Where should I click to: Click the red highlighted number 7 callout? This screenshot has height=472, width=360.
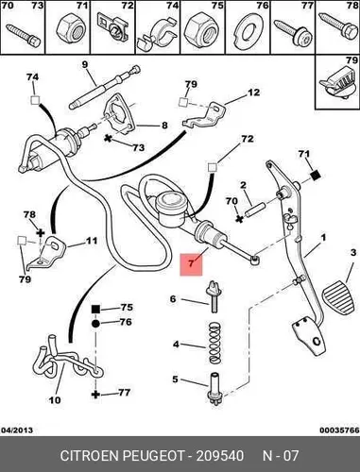(x=191, y=264)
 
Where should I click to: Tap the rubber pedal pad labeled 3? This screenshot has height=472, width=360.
(x=338, y=295)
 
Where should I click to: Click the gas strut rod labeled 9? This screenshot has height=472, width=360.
(x=105, y=87)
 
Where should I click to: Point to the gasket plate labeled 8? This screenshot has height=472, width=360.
(x=118, y=115)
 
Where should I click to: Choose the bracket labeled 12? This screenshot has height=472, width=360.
(x=205, y=116)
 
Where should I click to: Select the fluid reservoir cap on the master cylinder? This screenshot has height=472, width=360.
(x=170, y=200)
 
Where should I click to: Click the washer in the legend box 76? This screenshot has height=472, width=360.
(x=249, y=31)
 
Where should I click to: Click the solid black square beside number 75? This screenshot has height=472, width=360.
(x=95, y=309)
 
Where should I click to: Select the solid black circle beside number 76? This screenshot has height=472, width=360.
(x=95, y=323)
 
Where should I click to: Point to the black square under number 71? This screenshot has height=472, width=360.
(x=316, y=175)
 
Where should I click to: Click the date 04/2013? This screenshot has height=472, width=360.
(x=17, y=430)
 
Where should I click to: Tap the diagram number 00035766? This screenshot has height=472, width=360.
(x=339, y=430)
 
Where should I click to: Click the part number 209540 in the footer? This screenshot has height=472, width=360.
(x=220, y=456)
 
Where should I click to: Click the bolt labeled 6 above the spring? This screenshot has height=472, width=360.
(x=214, y=296)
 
